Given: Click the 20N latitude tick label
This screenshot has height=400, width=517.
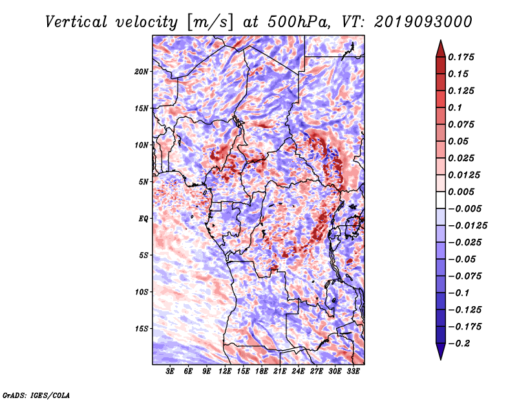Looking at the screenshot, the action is pyautogui.click(x=142, y=72).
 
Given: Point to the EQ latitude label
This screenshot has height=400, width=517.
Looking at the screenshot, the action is pyautogui.click(x=143, y=219).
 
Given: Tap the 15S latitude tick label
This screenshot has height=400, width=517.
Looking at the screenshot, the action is pyautogui.click(x=142, y=329).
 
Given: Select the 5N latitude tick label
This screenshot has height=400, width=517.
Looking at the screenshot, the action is pyautogui.click(x=143, y=182).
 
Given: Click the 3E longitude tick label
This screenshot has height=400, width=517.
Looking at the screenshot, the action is pyautogui.click(x=170, y=371).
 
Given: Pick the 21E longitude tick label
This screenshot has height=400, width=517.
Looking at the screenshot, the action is pyautogui.click(x=280, y=371).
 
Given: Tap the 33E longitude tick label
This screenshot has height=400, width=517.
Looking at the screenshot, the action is pyautogui.click(x=353, y=371).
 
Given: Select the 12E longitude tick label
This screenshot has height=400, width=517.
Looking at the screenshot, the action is pyautogui.click(x=225, y=371).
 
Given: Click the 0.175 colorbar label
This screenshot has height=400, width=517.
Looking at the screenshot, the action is pyautogui.click(x=461, y=57).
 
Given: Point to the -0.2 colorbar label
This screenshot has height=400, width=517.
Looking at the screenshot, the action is pyautogui.click(x=459, y=344).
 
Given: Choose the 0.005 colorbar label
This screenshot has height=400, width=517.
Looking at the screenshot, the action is pyautogui.click(x=461, y=192).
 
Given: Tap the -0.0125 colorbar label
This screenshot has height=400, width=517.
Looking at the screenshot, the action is pyautogui.click(x=467, y=226).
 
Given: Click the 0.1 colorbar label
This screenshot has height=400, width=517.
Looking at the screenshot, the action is pyautogui.click(x=455, y=107).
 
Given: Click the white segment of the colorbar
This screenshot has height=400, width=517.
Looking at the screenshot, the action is pyautogui.click(x=441, y=200).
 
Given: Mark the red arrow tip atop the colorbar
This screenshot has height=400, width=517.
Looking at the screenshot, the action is pyautogui.click(x=441, y=41).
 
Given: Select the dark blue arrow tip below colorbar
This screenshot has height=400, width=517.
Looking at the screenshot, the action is pyautogui.click(x=441, y=359).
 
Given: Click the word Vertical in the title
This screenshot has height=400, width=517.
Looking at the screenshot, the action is pyautogui.click(x=76, y=22).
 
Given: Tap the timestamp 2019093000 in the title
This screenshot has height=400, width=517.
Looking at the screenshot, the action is pyautogui.click(x=423, y=22).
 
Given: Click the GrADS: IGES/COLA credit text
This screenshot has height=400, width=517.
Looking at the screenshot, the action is pyautogui.click(x=36, y=395).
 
